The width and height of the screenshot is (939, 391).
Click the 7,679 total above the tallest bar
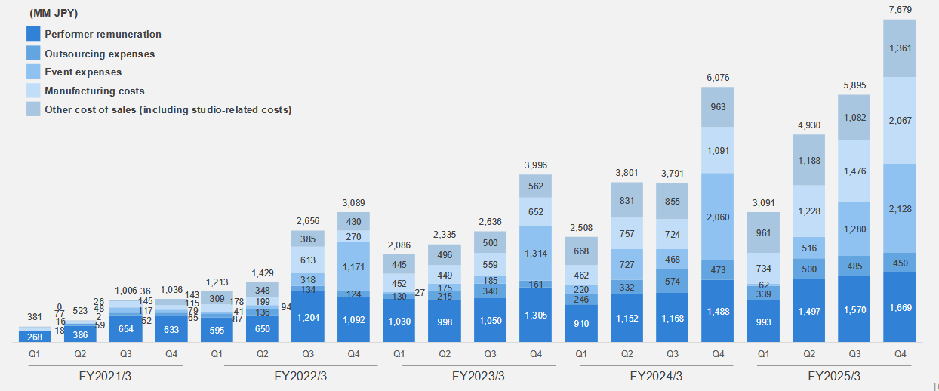(900, 8)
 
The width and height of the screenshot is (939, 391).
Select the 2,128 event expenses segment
(900, 208)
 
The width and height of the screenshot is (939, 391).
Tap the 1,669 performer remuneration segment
(900, 307)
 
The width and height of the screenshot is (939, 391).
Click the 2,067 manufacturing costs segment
(900, 121)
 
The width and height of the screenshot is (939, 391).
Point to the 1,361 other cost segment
(900, 48)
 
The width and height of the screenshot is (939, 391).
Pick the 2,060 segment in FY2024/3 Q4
(717, 217)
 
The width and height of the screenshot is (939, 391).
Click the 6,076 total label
(717, 78)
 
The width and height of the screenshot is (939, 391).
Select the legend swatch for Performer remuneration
(32, 34)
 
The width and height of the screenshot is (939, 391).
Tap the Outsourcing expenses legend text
(100, 54)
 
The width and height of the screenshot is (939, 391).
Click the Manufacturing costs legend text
(94, 91)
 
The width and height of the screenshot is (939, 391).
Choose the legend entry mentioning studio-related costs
(168, 109)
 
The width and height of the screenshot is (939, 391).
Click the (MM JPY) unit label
(54, 14)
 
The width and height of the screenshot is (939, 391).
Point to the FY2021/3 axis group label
(105, 376)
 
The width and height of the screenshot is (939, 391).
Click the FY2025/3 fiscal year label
(834, 376)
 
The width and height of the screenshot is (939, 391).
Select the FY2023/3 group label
(479, 376)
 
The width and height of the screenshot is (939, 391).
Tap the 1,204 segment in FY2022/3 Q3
(307, 318)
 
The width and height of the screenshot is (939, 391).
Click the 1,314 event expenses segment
(535, 254)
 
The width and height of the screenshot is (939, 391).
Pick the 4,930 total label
(808, 125)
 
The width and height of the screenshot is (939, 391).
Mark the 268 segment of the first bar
(35, 337)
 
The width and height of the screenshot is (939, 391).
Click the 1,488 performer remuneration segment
(717, 311)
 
